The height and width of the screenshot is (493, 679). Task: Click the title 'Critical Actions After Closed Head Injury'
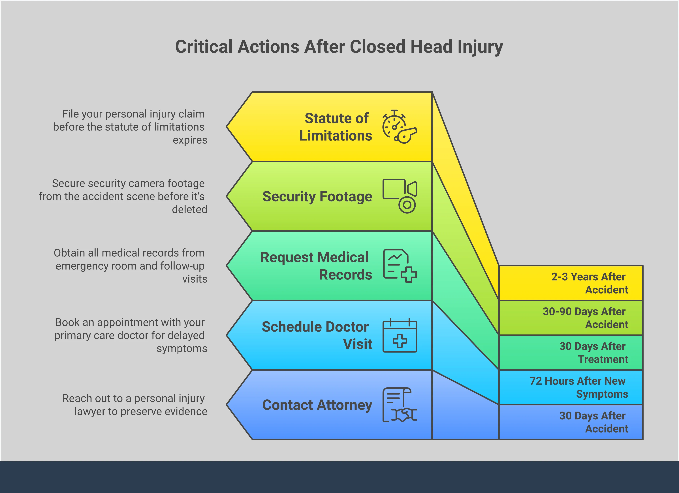[339, 47]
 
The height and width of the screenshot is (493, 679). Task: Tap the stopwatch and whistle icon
[399, 127]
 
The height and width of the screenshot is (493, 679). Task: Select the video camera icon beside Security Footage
[400, 196]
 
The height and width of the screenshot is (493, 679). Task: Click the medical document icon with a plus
[400, 266]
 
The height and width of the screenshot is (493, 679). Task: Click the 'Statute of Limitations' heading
[336, 127]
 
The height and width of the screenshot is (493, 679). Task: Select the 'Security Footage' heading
[317, 196]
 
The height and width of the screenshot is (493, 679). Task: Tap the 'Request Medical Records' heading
[316, 266]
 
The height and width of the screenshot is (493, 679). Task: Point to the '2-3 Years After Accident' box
[571, 283]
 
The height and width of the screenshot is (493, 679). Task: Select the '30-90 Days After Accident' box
[571, 318]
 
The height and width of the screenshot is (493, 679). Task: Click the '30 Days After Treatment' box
[571, 352]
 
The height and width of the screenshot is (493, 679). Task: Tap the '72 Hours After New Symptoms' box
[571, 387]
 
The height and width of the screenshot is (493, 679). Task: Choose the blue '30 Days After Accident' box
[571, 422]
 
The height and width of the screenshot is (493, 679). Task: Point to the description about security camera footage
[123, 196]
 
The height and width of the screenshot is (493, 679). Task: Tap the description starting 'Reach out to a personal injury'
[134, 405]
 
